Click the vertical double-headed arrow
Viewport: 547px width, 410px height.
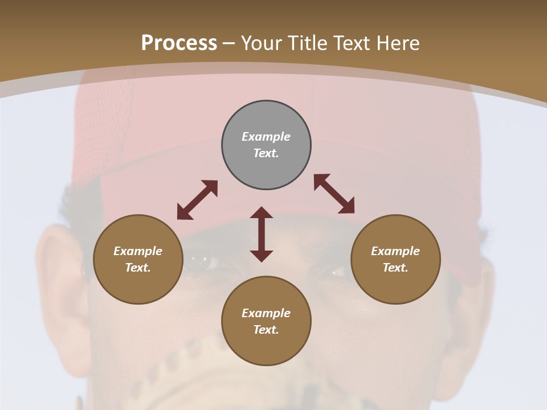(x=262, y=234)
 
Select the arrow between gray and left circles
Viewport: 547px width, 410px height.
(x=197, y=200)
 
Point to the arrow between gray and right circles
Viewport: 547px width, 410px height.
(x=334, y=194)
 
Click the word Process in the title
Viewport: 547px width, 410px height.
(x=179, y=43)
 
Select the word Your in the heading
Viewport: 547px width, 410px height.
(x=262, y=43)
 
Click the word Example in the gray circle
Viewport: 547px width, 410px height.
(x=266, y=137)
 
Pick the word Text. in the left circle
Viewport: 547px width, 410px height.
(x=138, y=268)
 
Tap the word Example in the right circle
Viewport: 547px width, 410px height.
(x=395, y=251)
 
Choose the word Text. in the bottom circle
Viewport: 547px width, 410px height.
(x=266, y=330)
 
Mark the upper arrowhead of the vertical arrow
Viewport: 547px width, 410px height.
(x=262, y=212)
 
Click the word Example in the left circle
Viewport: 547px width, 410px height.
(x=138, y=251)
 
